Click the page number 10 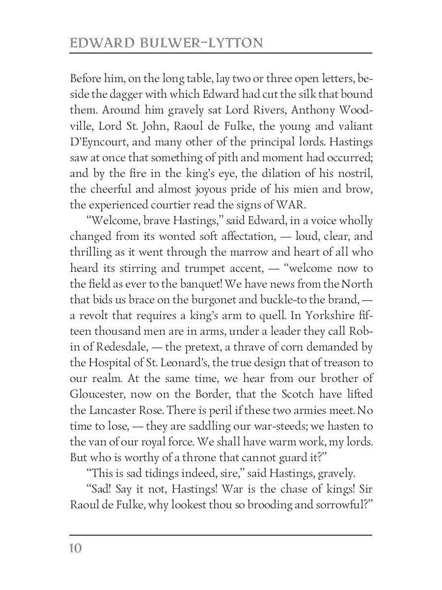76,548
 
